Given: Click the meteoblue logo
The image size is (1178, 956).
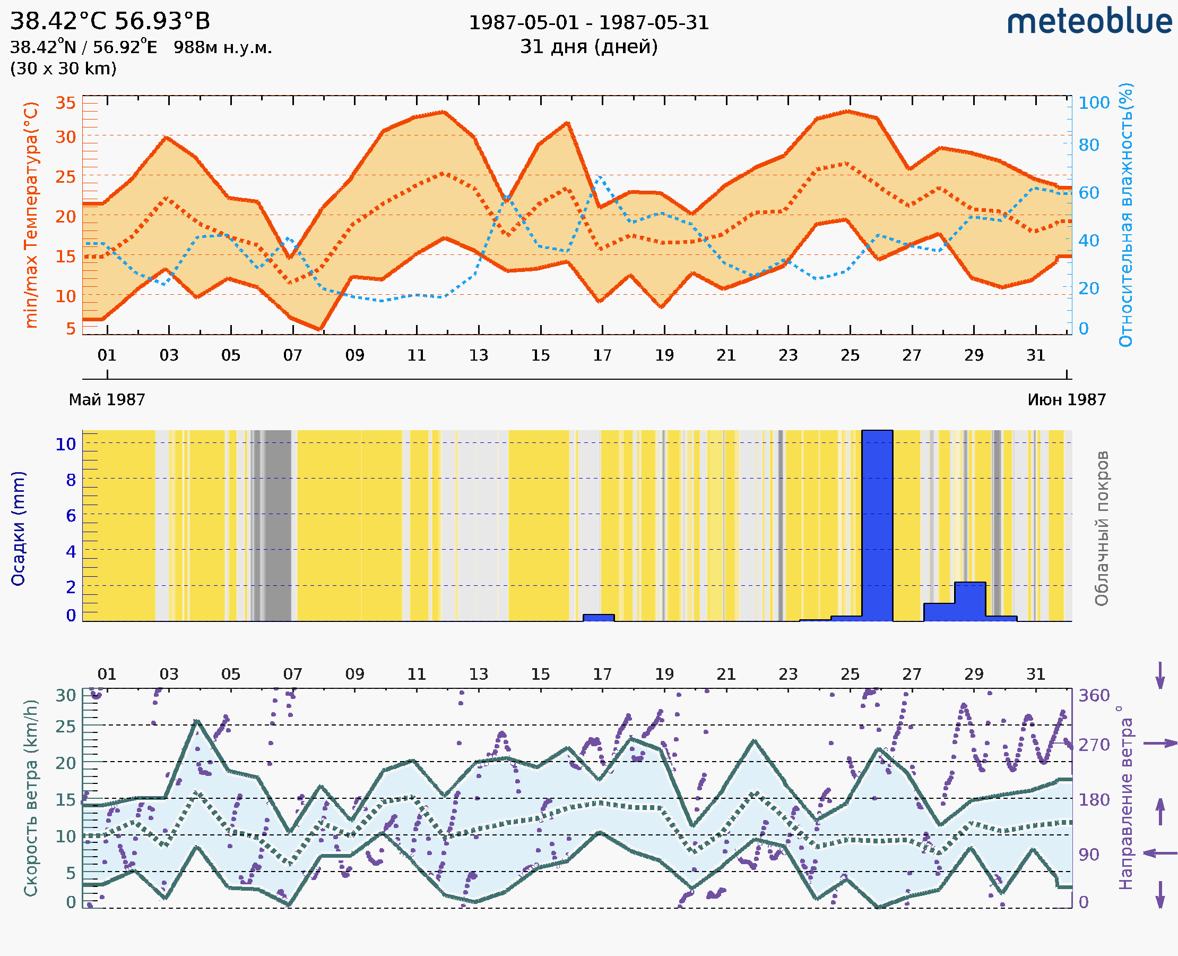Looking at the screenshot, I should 1089,22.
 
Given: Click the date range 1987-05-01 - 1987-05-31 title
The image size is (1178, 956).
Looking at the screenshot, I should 588,23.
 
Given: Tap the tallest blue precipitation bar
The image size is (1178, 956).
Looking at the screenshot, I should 877,526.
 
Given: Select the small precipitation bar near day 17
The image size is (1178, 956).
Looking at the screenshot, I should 599,618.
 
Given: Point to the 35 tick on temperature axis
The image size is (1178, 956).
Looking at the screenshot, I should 65,103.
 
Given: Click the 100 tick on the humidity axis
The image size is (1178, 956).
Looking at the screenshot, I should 1094,103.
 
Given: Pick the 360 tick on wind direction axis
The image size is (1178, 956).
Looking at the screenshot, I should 1094,696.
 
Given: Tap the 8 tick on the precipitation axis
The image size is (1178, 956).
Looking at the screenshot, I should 71,480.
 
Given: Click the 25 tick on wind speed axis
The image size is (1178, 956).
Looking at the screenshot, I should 65,727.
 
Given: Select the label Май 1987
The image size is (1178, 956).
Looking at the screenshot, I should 107,400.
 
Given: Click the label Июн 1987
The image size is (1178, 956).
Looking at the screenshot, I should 1067,400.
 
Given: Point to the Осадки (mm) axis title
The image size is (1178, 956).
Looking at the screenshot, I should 18,528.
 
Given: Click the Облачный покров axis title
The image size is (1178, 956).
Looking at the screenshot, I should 1102,528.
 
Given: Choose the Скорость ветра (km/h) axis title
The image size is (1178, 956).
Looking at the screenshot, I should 31,798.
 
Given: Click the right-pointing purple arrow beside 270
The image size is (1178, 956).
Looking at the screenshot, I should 1160,744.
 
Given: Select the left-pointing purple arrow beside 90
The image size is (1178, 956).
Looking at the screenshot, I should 1160,853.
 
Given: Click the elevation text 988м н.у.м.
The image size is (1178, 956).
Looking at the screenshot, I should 222,48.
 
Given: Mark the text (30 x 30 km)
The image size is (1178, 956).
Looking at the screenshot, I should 63,69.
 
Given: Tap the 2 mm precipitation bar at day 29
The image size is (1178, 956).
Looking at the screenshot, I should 970,601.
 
